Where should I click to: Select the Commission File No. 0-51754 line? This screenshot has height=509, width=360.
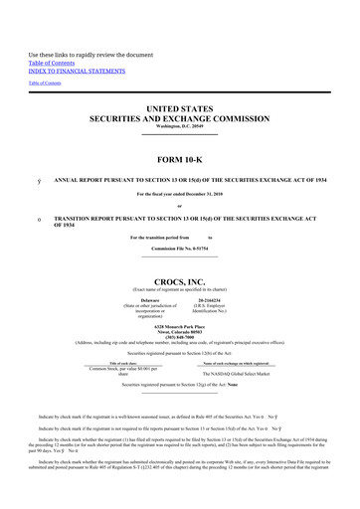click(179, 260)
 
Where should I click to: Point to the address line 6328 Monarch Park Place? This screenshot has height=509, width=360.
click(179, 324)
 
